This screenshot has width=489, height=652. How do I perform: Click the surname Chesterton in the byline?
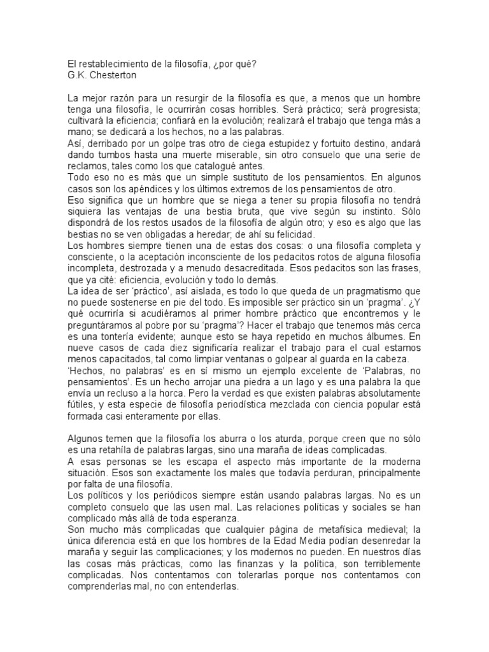click(115, 75)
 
